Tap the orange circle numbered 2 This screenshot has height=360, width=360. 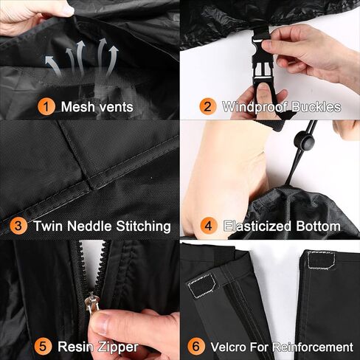tap(209, 107)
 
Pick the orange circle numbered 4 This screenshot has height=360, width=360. tap(209, 226)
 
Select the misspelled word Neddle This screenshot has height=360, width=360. tap(92, 226)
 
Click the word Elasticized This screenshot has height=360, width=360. tap(258, 226)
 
